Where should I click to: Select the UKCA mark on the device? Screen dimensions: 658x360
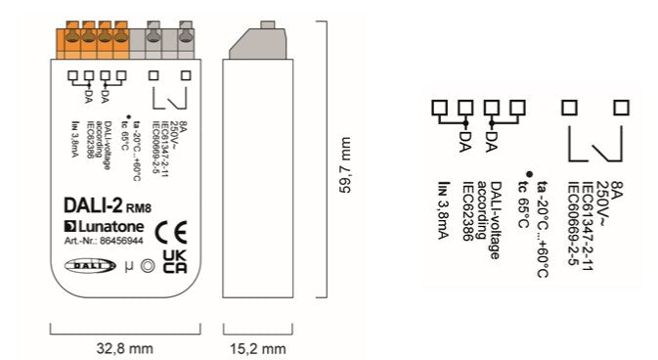pos(175,261)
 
